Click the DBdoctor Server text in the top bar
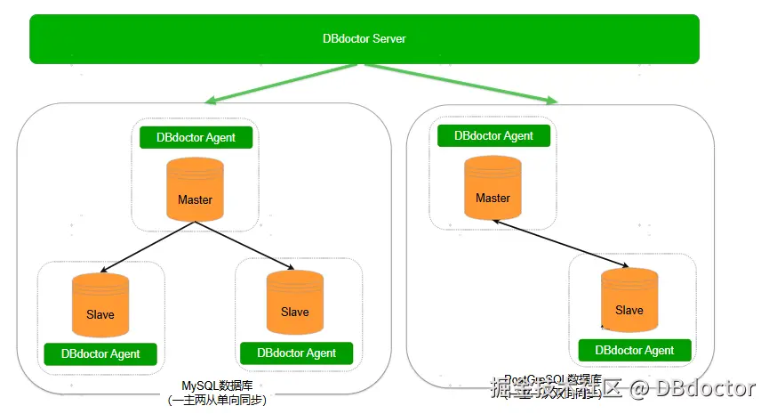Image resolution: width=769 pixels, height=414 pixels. coord(364,39)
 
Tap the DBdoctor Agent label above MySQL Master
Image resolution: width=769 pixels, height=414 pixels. coord(196,138)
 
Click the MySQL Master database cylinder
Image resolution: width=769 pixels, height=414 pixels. coord(195,190)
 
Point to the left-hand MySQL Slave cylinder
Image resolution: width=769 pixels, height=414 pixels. coord(100,304)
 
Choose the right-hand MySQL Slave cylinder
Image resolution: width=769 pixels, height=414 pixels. coord(294,302)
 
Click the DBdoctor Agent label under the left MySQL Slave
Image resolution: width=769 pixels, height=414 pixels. coord(100,354)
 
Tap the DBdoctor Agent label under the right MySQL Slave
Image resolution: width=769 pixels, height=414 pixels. coord(297,353)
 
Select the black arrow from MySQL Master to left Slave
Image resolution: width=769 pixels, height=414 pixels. coord(148,247)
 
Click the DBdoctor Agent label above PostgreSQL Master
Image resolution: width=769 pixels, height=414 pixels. coord(493,136)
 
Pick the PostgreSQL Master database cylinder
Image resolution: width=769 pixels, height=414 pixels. coord(493,188)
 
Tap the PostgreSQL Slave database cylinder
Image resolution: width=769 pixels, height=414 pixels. coord(629,301)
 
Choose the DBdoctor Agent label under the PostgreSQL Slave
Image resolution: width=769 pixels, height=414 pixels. coord(635,351)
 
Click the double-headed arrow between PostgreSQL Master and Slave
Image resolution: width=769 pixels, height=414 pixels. coord(562,243)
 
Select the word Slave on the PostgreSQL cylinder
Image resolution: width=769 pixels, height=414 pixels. coord(629,310)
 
